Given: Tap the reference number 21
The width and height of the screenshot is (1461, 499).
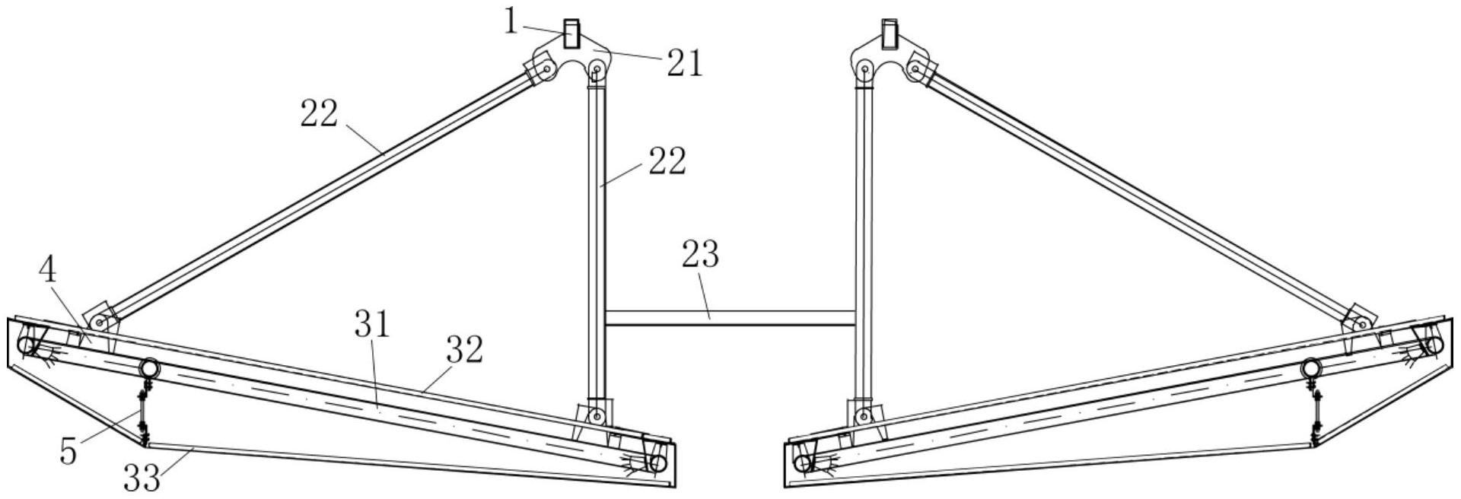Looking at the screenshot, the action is pyautogui.click(x=685, y=63).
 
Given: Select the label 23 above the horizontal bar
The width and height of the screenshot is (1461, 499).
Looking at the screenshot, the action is pyautogui.click(x=701, y=255).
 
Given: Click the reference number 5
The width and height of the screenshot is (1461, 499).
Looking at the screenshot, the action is pyautogui.click(x=68, y=452).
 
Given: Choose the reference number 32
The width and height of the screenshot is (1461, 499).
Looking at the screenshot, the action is pyautogui.click(x=465, y=351).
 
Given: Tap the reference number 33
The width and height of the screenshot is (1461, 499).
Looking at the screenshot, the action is pyautogui.click(x=142, y=478).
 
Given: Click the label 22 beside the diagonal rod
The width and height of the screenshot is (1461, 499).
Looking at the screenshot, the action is pyautogui.click(x=319, y=115).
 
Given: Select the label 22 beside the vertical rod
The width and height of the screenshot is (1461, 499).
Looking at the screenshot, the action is pyautogui.click(x=667, y=162).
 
